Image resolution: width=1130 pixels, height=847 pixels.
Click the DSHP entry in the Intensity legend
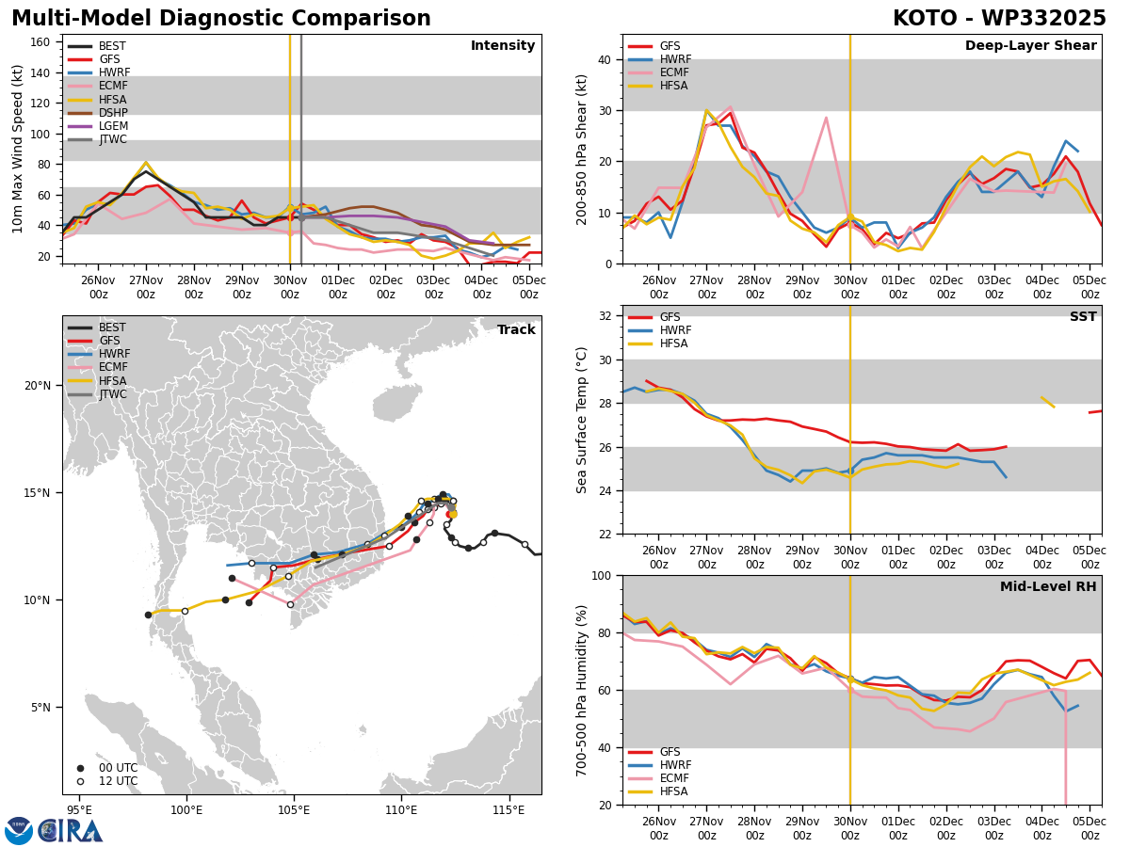click(x=97, y=113)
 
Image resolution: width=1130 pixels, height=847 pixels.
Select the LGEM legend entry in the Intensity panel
click(x=97, y=126)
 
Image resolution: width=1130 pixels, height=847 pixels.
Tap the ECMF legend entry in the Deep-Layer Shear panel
click(x=658, y=72)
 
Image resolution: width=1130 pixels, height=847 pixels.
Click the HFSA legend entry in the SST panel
click(x=658, y=344)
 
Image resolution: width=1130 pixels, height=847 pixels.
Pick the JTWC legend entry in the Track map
click(x=97, y=394)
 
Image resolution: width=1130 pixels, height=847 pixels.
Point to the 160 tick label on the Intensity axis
click(x=40, y=42)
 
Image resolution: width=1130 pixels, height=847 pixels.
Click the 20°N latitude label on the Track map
click(x=38, y=386)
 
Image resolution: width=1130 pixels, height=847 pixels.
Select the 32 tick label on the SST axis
click(x=605, y=316)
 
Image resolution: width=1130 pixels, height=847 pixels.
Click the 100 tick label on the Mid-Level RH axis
click(x=602, y=576)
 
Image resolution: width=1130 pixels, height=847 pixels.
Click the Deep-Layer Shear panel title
click(x=1030, y=46)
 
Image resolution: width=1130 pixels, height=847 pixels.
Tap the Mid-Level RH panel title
click(x=1048, y=586)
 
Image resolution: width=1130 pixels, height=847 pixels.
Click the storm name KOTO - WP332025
click(x=999, y=19)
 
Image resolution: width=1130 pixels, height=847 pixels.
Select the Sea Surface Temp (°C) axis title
click(x=581, y=420)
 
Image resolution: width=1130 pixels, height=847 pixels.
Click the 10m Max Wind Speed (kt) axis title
click(x=17, y=149)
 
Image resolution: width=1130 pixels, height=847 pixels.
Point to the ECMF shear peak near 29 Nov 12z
click(x=826, y=118)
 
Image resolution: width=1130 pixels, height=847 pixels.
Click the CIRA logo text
click(x=70, y=831)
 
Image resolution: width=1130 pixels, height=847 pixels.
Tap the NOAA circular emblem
click(x=19, y=830)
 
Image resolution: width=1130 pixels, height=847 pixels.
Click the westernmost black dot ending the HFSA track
click(x=148, y=615)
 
